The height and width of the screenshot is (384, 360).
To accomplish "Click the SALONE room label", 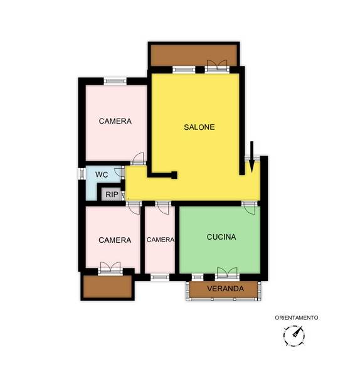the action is (x=199, y=127).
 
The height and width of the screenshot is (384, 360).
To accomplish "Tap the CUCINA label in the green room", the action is (x=221, y=237).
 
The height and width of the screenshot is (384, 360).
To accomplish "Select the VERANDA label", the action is (x=225, y=289).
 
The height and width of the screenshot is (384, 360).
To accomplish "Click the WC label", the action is (x=102, y=174).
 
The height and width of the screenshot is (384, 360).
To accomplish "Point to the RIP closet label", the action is (x=112, y=195).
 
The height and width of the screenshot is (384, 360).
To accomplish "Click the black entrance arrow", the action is (x=251, y=157).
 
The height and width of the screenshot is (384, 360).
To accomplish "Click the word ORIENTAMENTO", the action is (x=297, y=317).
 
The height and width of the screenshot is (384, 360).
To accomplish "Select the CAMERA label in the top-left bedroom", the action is (x=115, y=121).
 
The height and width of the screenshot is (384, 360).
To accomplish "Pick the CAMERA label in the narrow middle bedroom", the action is (x=161, y=240).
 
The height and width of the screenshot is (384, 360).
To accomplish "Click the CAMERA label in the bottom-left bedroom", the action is (x=115, y=240).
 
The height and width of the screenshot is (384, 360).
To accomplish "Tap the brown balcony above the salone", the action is (x=194, y=54).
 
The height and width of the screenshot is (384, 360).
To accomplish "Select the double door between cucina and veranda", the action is (x=227, y=274).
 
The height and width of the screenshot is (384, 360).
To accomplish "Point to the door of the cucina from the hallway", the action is (x=250, y=208).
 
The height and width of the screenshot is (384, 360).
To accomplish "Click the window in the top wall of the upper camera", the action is (x=115, y=82).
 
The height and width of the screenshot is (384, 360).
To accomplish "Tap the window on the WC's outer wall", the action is (x=82, y=173).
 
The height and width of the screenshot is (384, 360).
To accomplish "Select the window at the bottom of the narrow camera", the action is (x=159, y=277).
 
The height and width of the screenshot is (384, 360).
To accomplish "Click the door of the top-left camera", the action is (x=138, y=159).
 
